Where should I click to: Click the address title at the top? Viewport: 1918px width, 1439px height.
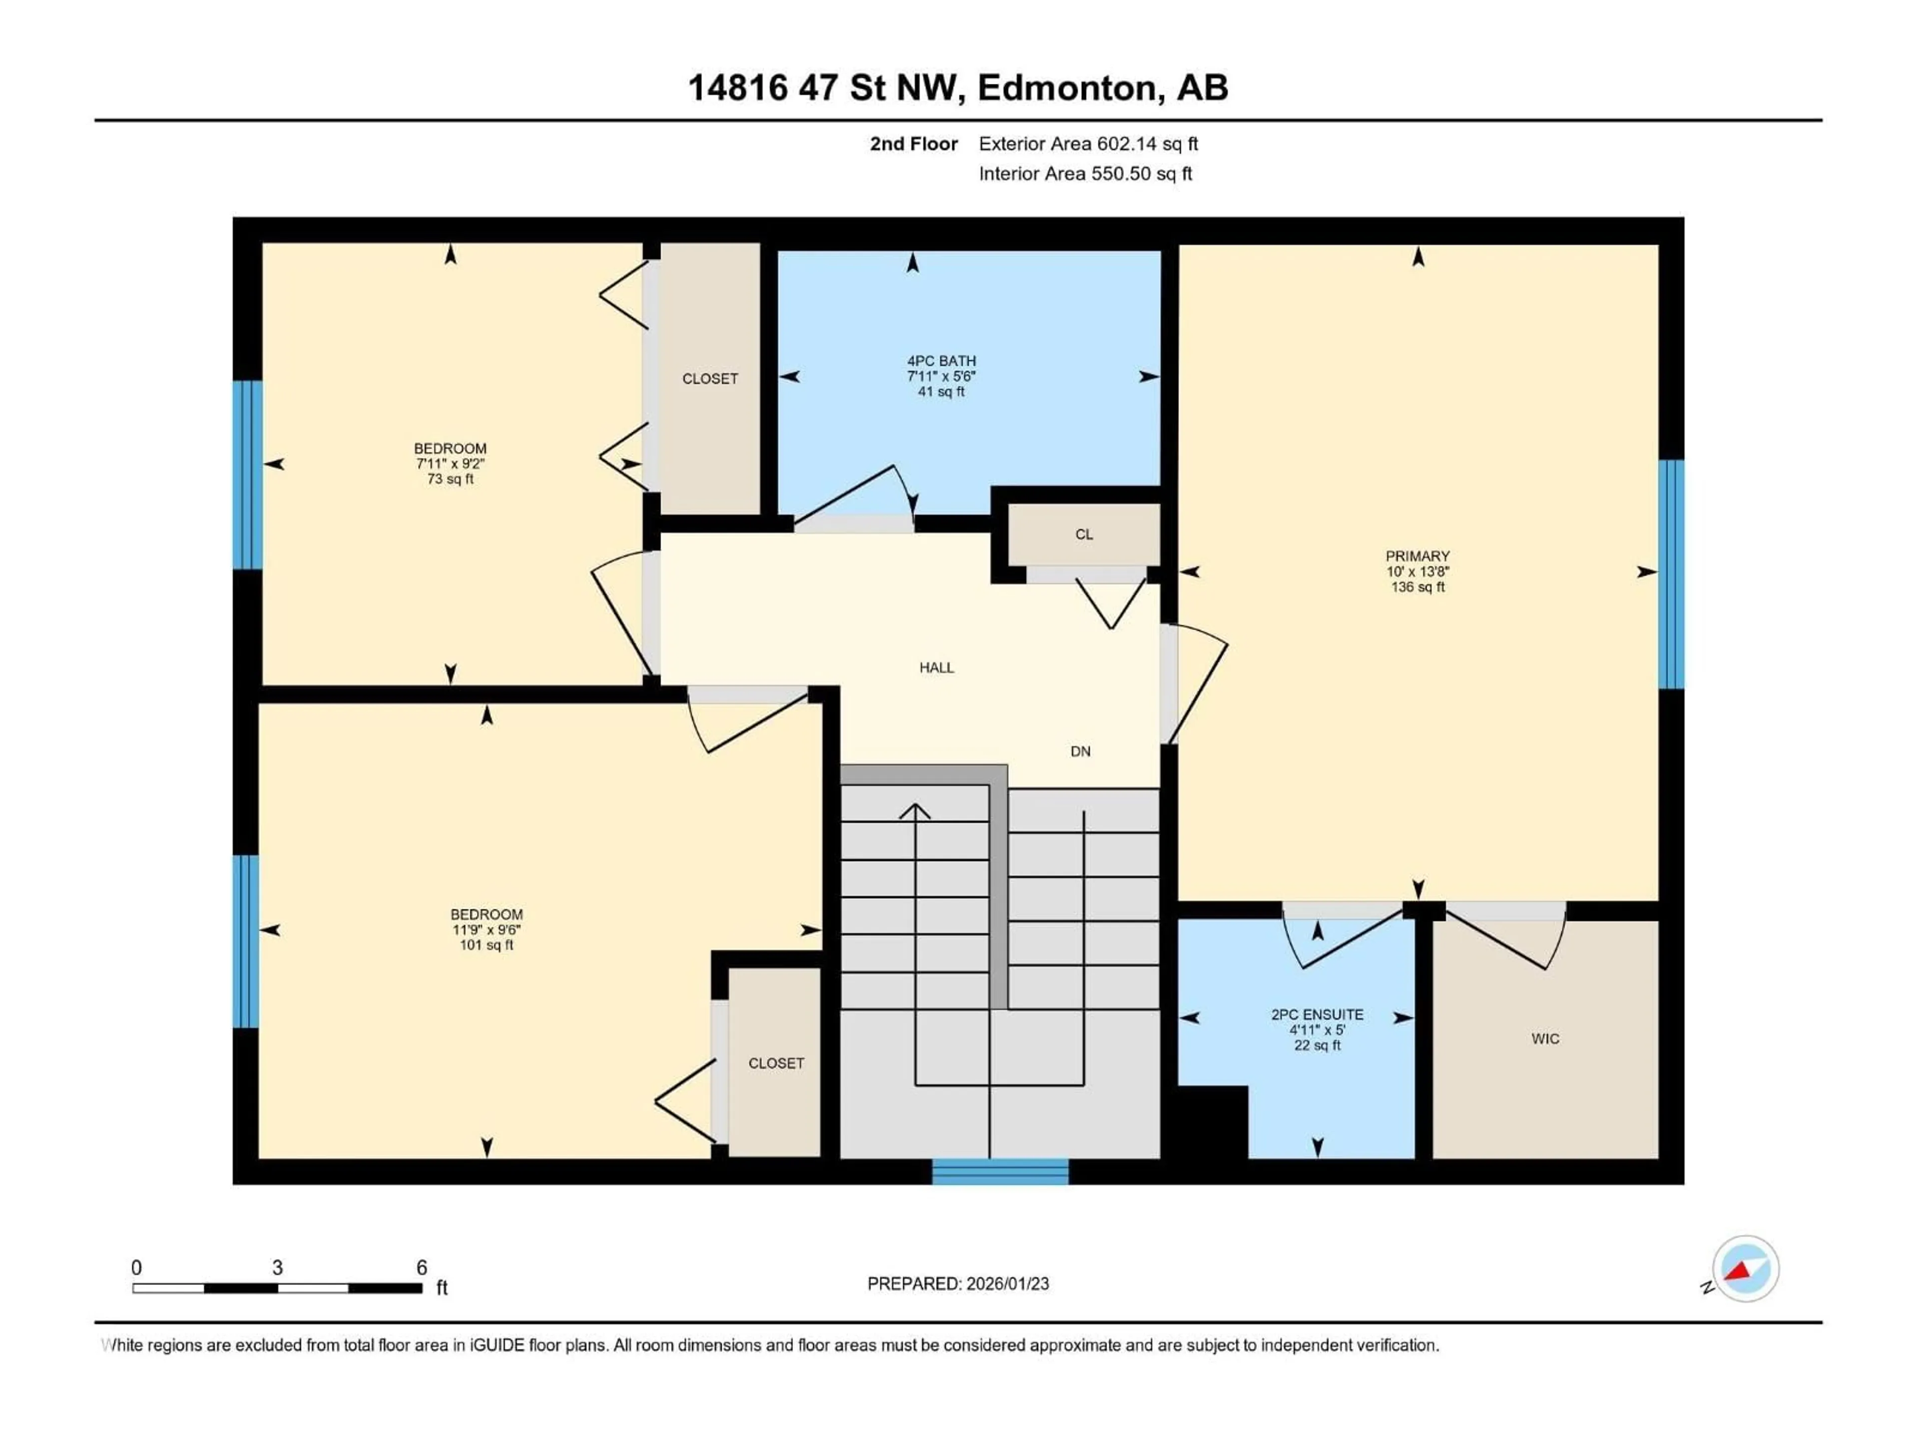[x=958, y=87]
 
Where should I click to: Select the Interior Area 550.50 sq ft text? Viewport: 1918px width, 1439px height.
[x=1085, y=173]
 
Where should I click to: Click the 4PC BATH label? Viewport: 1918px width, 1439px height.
[x=941, y=376]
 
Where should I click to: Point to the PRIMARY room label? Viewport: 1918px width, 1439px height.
[x=1417, y=571]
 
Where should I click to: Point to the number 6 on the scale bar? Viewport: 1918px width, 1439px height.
[x=422, y=1267]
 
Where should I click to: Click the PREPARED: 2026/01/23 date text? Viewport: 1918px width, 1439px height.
[x=958, y=1284]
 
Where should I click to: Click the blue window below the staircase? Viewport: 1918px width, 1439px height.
[x=1000, y=1172]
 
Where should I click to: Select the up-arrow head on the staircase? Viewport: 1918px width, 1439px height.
[x=914, y=811]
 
